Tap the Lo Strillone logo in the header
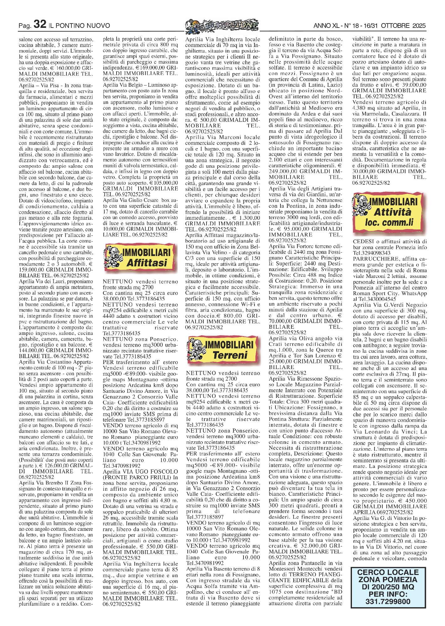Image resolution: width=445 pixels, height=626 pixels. click(x=222, y=25)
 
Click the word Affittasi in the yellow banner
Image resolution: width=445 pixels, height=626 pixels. click(x=147, y=263)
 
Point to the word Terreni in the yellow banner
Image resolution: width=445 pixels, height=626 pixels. click(x=230, y=355)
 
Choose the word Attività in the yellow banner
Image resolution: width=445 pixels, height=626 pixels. click(x=392, y=212)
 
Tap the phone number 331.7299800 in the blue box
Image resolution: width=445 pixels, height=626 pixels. click(x=388, y=601)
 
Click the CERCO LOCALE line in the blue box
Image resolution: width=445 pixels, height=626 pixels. click(x=388, y=572)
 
